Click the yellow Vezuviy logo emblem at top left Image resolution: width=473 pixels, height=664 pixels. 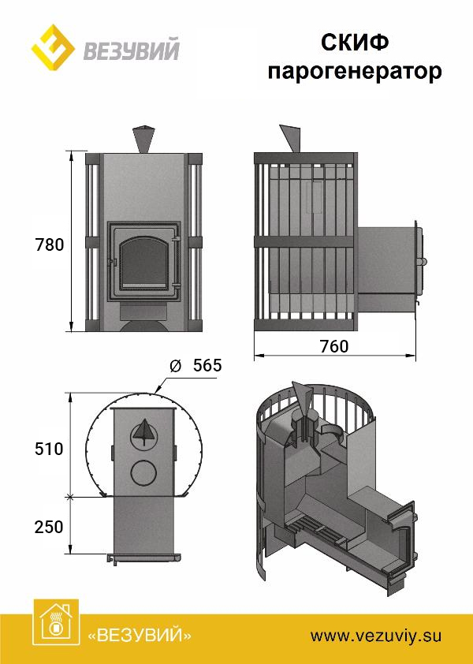pos(53,49)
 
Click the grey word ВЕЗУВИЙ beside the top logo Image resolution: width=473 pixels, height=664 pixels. pos(132,50)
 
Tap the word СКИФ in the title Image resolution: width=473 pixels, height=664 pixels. pos(355,43)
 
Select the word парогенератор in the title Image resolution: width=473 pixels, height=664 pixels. pos(355,71)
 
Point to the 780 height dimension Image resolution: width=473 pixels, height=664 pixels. pos(50,244)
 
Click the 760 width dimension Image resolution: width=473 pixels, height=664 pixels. pos(334,346)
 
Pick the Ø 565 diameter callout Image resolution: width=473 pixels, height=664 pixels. pos(196,365)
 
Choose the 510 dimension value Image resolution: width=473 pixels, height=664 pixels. pos(49,449)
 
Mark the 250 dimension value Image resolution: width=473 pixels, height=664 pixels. pos(49,528)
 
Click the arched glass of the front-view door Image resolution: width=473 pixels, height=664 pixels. pos(143,263)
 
